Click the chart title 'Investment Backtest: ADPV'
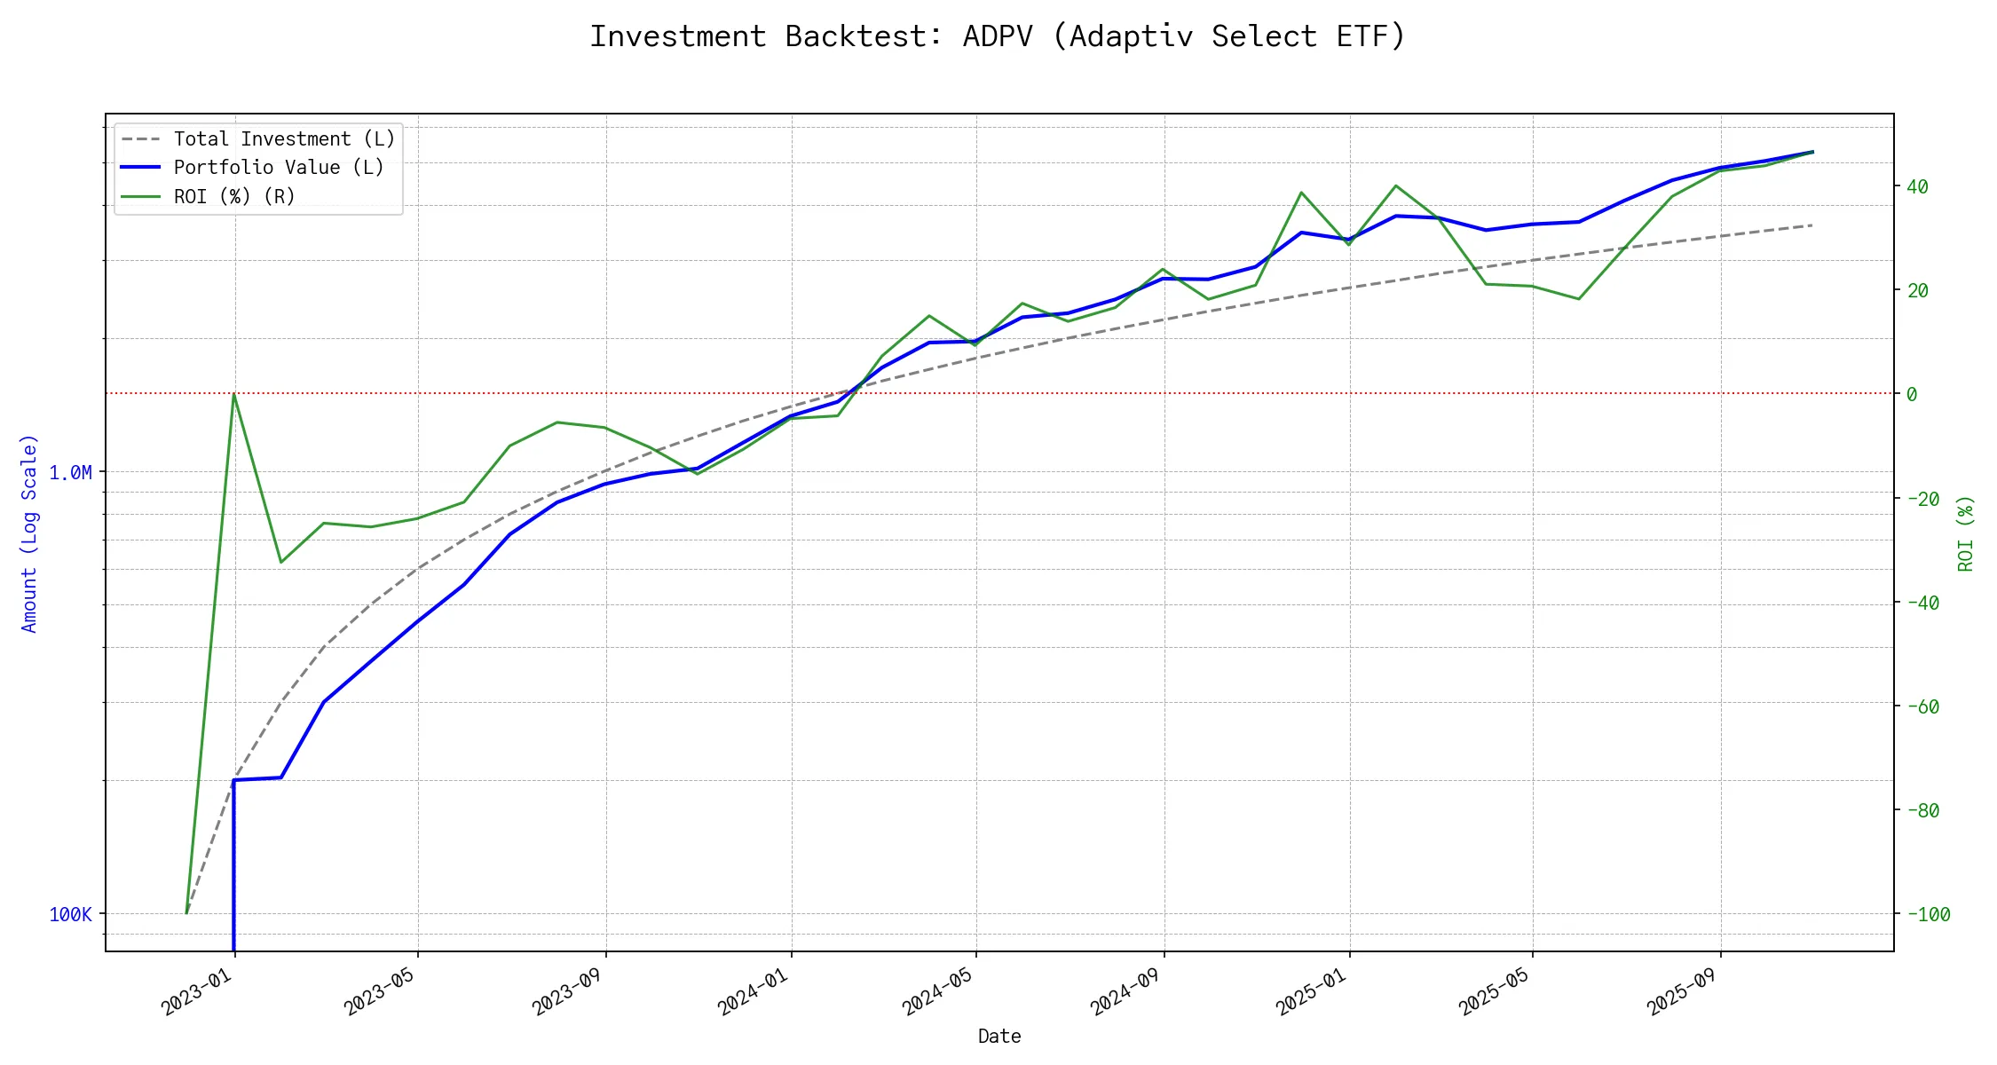coord(998,37)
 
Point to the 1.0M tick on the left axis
coord(70,472)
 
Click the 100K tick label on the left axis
coord(70,914)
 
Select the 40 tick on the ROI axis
coord(1917,186)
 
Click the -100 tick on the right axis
coord(1927,914)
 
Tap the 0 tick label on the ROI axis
coord(1912,394)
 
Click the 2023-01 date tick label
coord(197,991)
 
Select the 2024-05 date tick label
coord(938,991)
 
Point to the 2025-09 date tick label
coord(1683,991)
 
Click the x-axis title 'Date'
coord(999,1036)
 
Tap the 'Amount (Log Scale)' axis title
coord(29,532)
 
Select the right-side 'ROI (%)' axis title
coord(1965,532)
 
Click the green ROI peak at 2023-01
coord(233,394)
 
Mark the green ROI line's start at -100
coord(186,912)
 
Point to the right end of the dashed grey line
coord(1812,225)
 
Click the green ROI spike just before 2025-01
coord(1300,193)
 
